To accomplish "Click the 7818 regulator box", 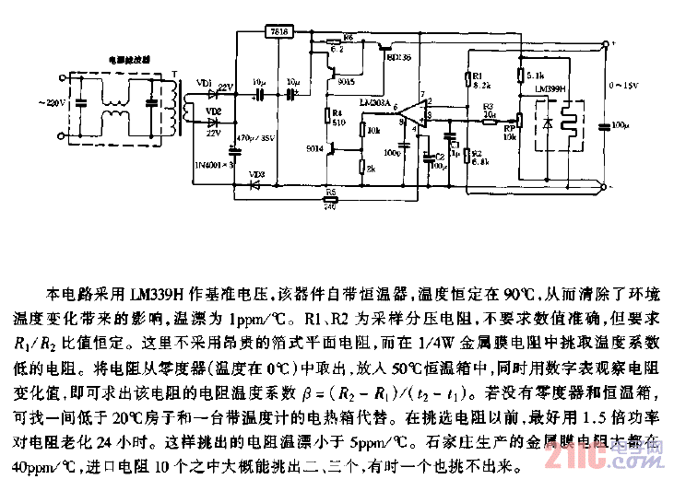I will (x=278, y=31).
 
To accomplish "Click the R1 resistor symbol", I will (x=467, y=77).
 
